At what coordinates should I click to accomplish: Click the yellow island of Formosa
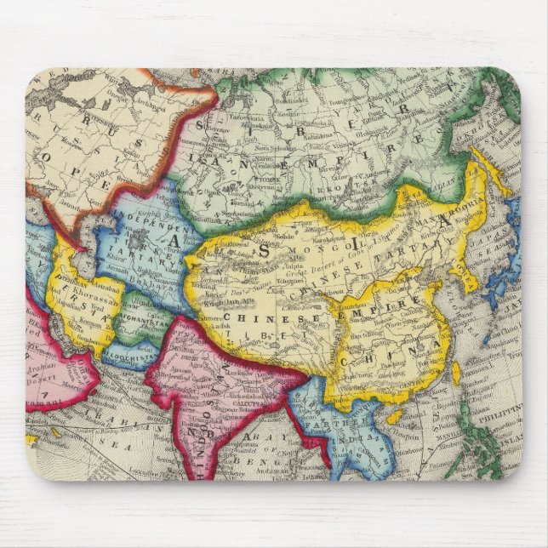[457, 371]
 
